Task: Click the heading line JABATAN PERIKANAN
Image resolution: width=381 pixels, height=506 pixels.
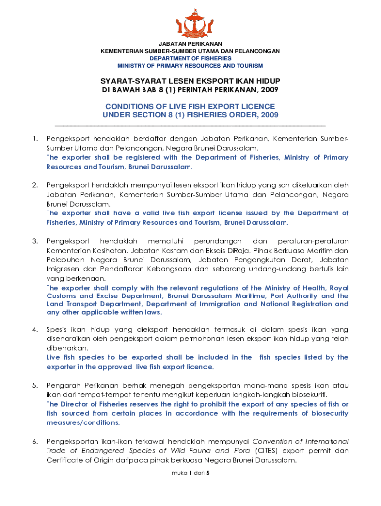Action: coord(190,44)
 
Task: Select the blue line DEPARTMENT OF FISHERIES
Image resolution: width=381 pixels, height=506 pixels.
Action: coord(190,58)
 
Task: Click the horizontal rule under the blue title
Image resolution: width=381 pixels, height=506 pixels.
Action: coord(190,126)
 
